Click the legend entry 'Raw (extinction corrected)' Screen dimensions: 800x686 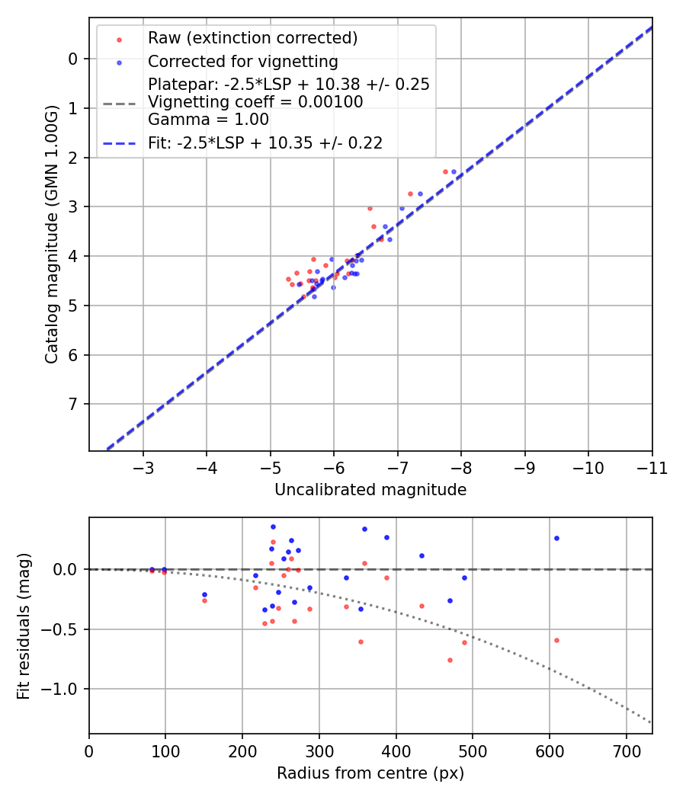pos(252,38)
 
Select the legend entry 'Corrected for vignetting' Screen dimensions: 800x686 pos(242,61)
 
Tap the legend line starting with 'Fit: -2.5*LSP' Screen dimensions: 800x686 pos(264,142)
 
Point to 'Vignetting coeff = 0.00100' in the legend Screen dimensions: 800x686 pos(255,101)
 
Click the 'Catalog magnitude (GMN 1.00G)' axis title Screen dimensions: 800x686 pos(51,235)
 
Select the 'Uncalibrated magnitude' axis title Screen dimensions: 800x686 pos(370,490)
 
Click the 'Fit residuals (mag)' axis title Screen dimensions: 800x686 pos(24,626)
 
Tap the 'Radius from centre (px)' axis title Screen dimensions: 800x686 pos(370,773)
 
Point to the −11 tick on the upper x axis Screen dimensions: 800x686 pos(651,466)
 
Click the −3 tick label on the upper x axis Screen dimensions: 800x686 pos(143,466)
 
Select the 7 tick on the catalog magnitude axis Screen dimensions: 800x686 pos(73,404)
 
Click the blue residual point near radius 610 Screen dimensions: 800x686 pos(556,538)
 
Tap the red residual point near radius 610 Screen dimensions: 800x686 pos(556,640)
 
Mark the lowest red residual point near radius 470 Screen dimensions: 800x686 pos(450,660)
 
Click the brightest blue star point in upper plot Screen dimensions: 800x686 pos(454,171)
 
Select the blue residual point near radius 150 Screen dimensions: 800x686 pos(204,594)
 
